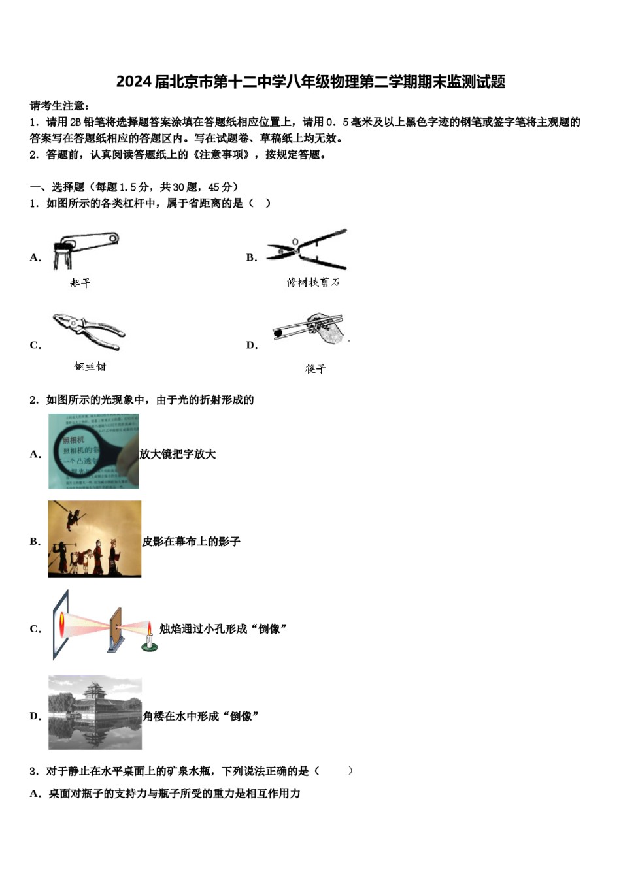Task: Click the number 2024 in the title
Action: (133, 82)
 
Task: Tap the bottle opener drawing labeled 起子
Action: (85, 249)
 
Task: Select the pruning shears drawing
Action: (307, 249)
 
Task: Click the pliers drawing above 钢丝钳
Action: (89, 331)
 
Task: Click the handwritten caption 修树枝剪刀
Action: (313, 282)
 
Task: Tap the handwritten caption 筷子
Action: (315, 369)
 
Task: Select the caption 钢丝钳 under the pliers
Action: (90, 366)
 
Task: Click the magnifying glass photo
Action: (93, 451)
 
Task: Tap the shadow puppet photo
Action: (94, 540)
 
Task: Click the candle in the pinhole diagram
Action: (149, 638)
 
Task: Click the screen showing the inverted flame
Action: (61, 625)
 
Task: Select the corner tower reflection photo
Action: (95, 713)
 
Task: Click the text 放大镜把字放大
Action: (178, 454)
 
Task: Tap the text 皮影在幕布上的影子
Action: (192, 542)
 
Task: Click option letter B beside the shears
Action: (251, 258)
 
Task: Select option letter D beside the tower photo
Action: (35, 717)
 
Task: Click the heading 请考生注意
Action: (59, 106)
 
